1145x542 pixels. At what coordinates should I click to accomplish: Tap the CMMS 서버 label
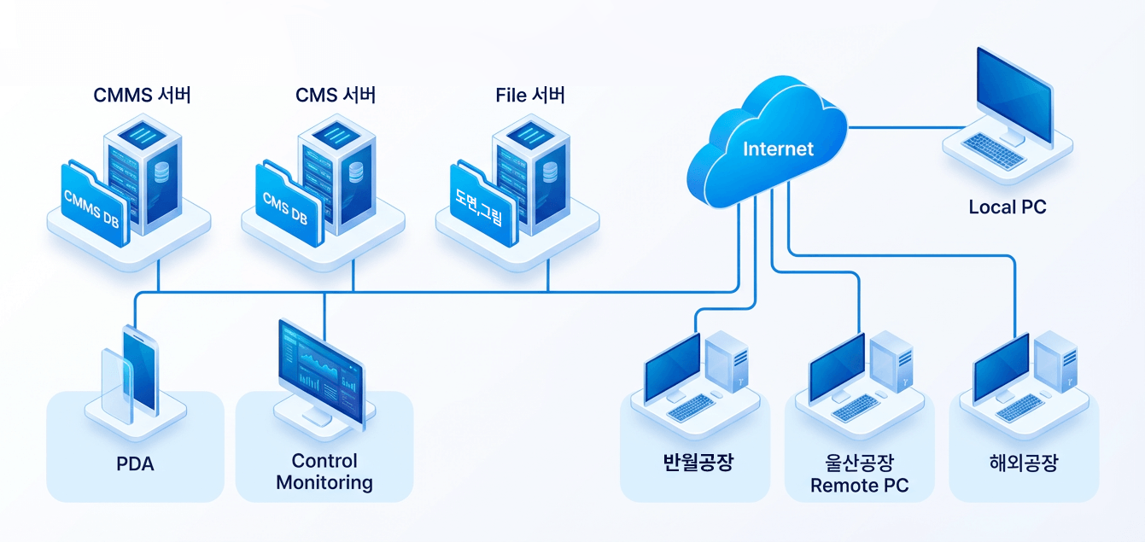142,95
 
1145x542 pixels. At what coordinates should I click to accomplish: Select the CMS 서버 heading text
336,95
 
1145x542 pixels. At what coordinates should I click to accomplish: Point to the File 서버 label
529,95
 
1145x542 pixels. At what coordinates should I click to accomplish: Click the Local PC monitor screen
1014,90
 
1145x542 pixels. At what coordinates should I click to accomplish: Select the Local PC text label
1007,207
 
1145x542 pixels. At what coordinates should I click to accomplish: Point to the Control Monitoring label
324,472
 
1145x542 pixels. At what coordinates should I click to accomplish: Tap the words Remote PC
859,486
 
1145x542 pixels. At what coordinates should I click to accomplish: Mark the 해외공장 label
1023,463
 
